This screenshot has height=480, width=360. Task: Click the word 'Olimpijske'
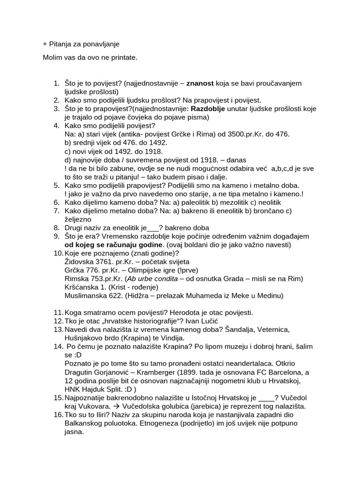pos(142,270)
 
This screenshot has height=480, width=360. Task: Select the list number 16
pos(58,414)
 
